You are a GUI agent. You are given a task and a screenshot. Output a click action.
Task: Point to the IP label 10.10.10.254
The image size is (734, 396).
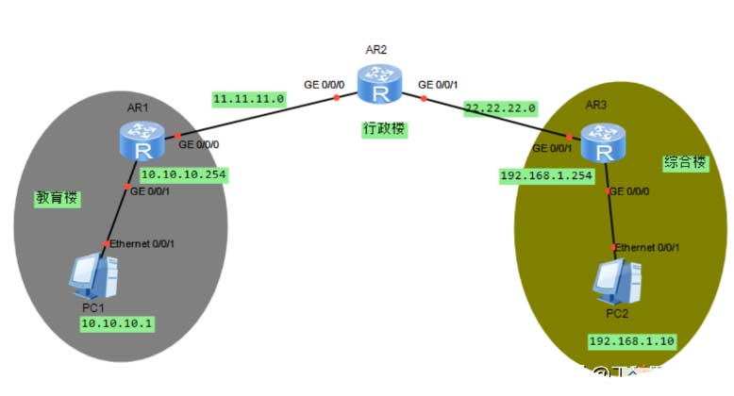tap(184, 174)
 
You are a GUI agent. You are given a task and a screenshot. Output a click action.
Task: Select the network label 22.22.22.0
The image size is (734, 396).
tap(501, 108)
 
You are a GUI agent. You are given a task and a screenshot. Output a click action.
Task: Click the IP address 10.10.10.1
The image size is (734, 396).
tap(117, 322)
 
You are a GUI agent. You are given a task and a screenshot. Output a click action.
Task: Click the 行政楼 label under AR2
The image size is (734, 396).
tap(385, 128)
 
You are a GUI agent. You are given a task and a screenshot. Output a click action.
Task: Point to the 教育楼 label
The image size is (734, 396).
tap(57, 200)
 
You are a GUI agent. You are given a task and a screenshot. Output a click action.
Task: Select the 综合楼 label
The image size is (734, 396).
tap(685, 162)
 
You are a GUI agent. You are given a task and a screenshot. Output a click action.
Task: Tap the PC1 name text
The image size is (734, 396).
tap(94, 308)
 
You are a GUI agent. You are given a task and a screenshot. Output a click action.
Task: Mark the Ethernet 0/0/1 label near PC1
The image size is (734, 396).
tap(142, 244)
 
